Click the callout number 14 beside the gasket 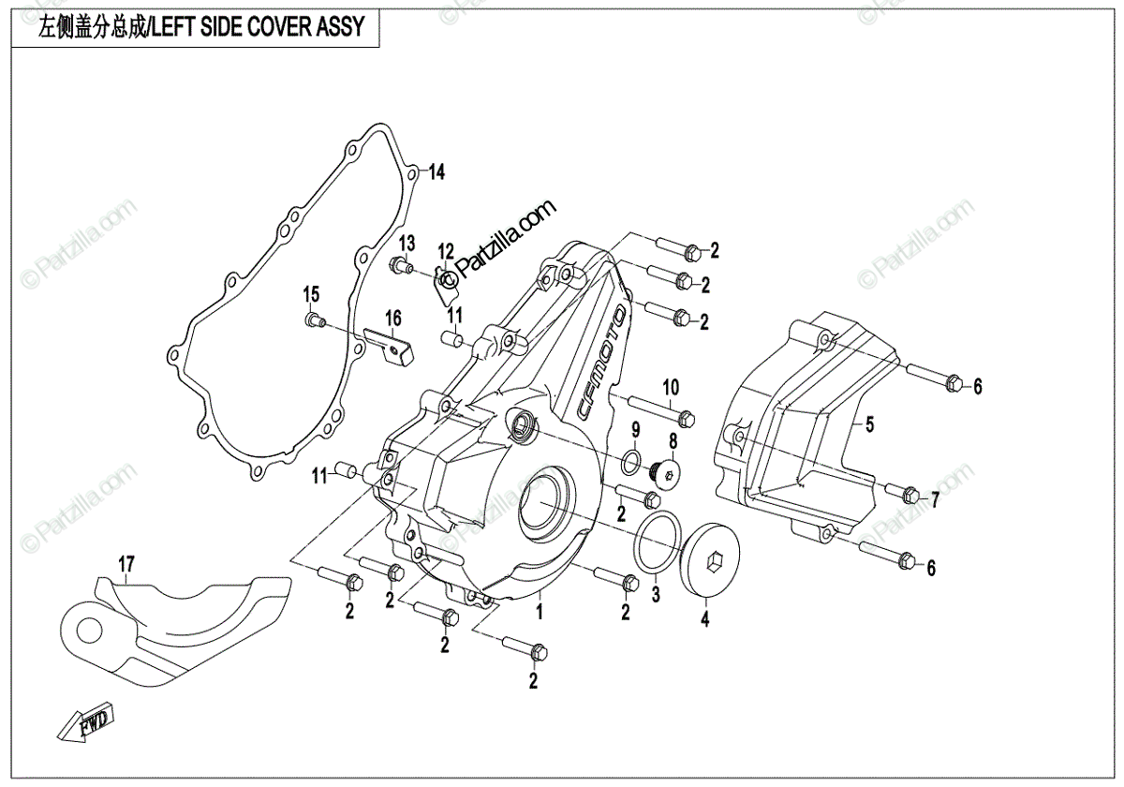coord(436,172)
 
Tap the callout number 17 coord(126,564)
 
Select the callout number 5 coord(869,426)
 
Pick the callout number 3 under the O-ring coord(656,594)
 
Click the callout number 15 coord(311,297)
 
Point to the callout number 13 coord(406,245)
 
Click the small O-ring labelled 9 coord(633,460)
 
